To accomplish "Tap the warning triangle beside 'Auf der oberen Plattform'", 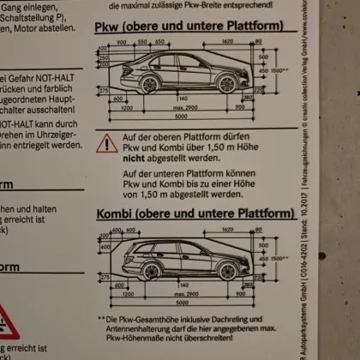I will point(108,143).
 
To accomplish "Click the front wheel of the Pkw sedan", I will point(150,84).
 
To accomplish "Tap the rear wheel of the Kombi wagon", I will point(227,271).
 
